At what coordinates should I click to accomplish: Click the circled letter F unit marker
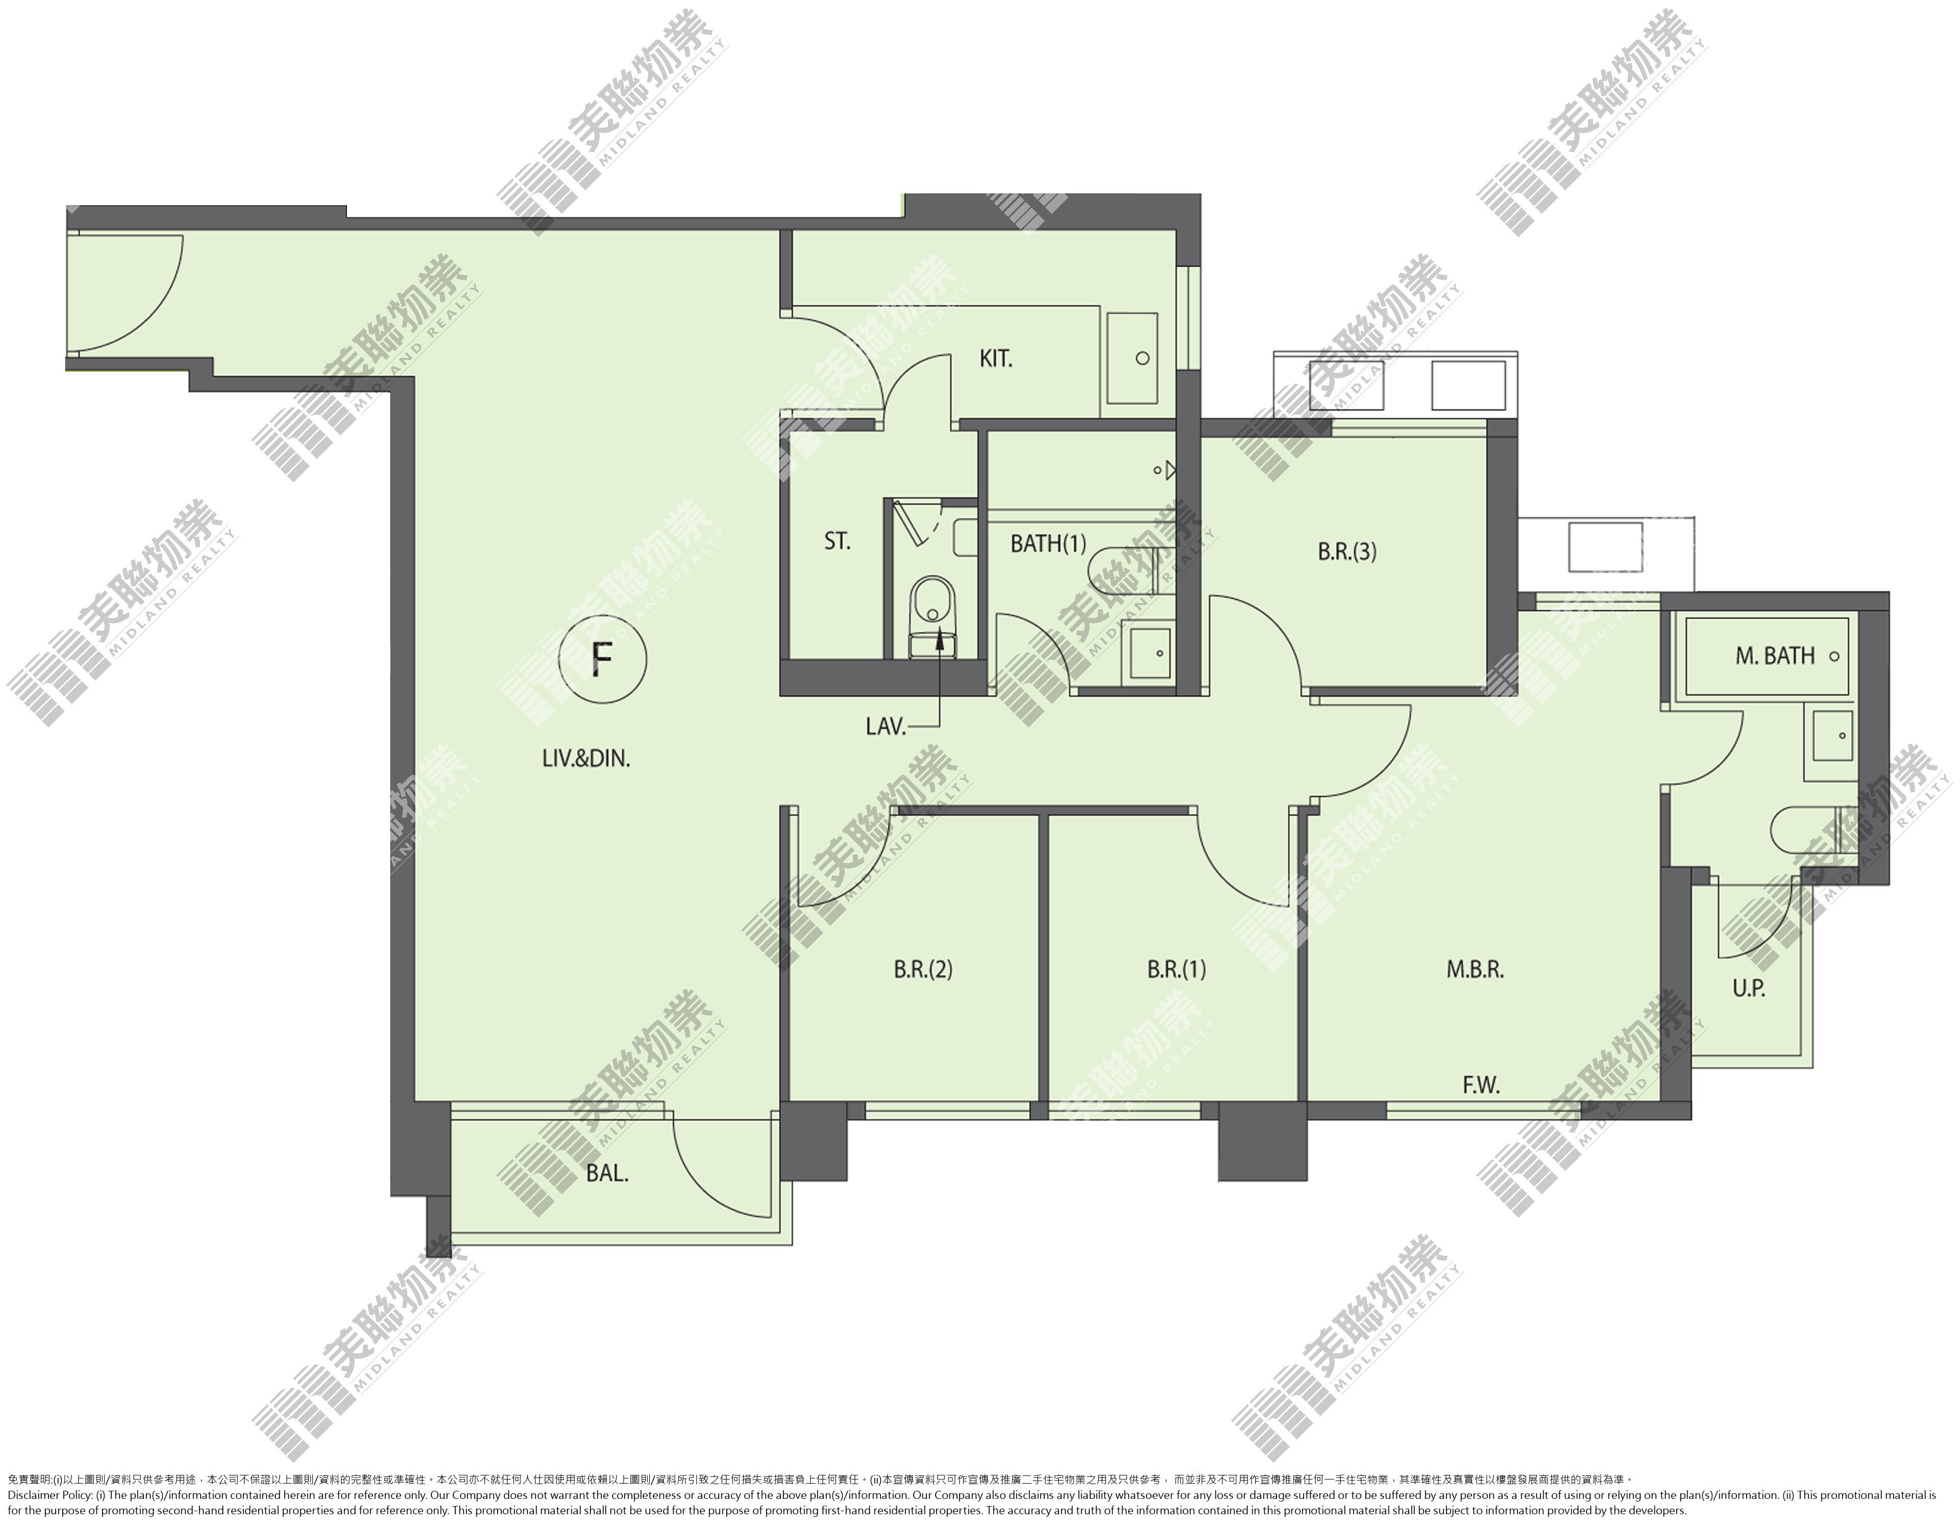pyautogui.click(x=602, y=661)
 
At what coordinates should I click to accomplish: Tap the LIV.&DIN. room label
pyautogui.click(x=586, y=758)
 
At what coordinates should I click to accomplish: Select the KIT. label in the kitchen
pyautogui.click(x=995, y=359)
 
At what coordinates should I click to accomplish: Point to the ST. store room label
pyautogui.click(x=837, y=541)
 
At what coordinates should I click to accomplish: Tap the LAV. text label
pyautogui.click(x=886, y=726)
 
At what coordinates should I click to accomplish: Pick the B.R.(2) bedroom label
pyautogui.click(x=922, y=969)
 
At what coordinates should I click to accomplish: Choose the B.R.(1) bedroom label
pyautogui.click(x=1177, y=969)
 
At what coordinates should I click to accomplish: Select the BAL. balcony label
pyautogui.click(x=607, y=1173)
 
